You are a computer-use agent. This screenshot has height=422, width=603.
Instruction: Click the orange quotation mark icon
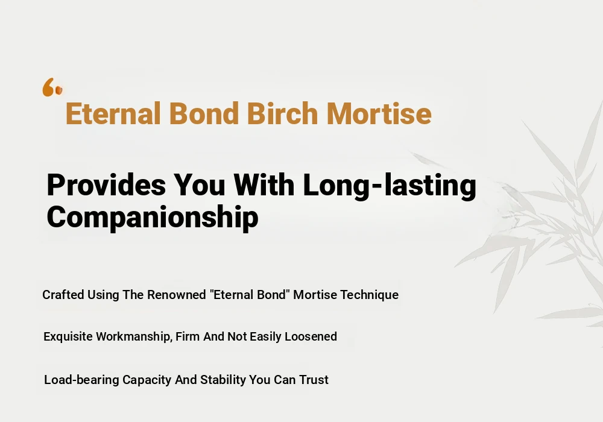(x=52, y=87)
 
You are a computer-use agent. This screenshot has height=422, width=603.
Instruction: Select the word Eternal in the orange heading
(x=113, y=113)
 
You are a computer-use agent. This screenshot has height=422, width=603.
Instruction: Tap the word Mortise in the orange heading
(x=379, y=113)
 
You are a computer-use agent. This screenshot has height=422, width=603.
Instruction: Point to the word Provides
(x=106, y=185)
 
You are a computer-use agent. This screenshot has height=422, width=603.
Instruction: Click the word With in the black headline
(x=264, y=185)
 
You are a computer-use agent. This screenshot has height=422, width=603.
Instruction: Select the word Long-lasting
(x=390, y=187)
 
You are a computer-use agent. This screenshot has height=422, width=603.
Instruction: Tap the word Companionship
(x=153, y=218)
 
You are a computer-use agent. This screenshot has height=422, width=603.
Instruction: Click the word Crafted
(x=63, y=295)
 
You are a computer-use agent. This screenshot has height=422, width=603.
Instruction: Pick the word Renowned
(x=177, y=295)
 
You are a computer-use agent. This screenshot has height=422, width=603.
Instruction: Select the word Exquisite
(x=68, y=336)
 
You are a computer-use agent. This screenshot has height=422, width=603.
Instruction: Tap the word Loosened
(x=311, y=336)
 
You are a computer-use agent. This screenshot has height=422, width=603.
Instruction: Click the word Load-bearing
(x=81, y=380)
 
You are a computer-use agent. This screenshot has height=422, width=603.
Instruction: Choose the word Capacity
(x=147, y=380)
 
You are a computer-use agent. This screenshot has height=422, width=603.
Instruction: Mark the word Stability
(x=223, y=380)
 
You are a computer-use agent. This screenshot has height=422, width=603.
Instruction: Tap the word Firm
(x=188, y=336)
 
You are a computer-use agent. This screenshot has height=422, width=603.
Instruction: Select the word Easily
(x=266, y=337)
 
